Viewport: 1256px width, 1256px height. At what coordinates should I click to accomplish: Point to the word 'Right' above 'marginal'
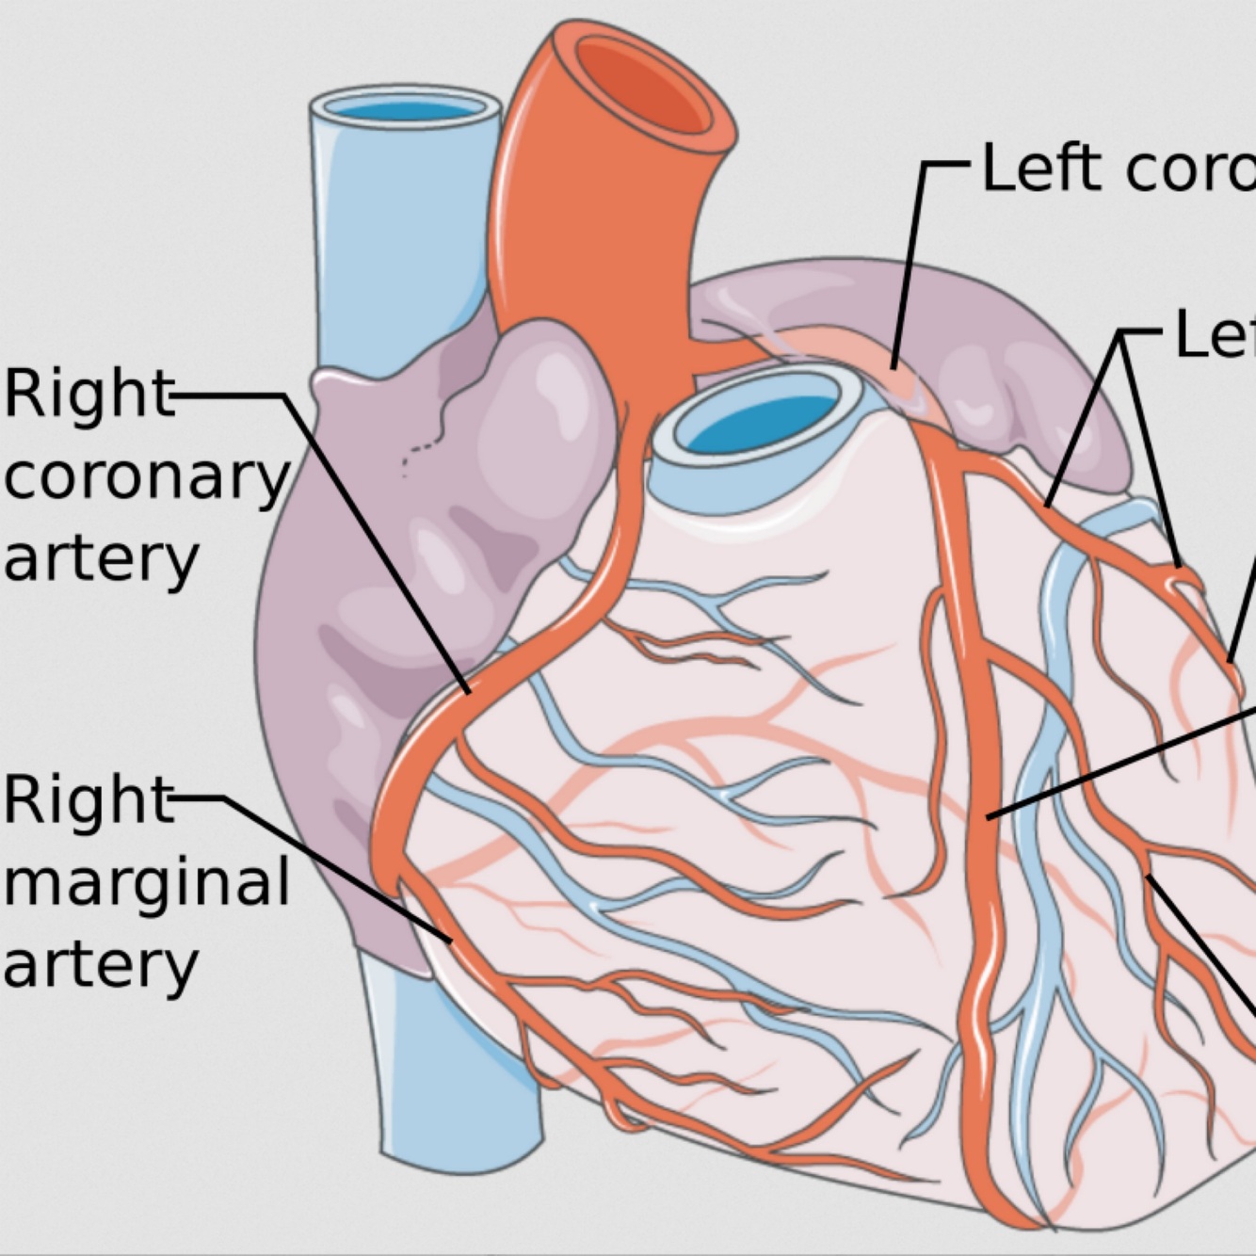pos(89,800)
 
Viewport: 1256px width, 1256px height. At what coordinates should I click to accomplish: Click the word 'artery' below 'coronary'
pos(101,559)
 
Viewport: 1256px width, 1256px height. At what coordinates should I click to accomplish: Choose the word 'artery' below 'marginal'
pos(101,964)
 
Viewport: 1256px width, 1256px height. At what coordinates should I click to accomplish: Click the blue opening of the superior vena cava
pos(405,109)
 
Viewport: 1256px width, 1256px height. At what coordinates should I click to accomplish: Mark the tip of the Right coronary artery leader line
pos(468,692)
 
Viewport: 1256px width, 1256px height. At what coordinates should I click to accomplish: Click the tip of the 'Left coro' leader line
pos(893,367)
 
